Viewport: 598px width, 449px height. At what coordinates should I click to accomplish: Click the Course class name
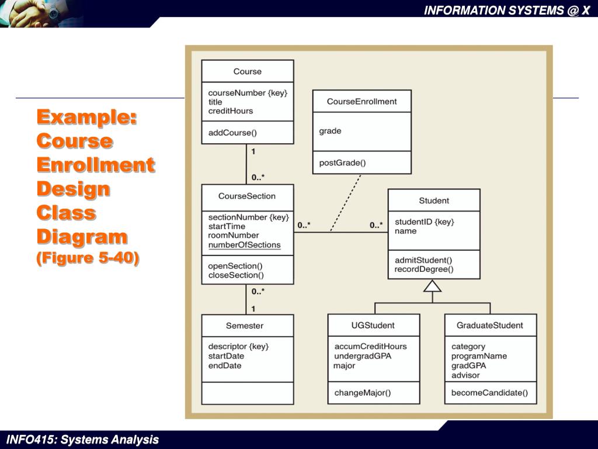248,71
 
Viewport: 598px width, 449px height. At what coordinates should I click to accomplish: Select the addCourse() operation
232,133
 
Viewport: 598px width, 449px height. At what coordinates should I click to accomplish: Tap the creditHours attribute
231,111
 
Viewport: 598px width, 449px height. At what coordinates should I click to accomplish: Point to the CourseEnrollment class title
361,101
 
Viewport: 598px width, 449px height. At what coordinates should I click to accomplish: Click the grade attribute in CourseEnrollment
330,131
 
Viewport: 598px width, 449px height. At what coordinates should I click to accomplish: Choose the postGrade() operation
342,163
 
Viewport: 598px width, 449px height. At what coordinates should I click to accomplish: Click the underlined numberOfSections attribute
244,245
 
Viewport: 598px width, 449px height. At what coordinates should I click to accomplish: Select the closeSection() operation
236,275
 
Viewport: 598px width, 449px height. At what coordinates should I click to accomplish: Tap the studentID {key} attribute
424,222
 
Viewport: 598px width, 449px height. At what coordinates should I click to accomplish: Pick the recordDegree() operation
423,270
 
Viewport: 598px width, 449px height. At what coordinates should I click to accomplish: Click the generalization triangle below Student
433,286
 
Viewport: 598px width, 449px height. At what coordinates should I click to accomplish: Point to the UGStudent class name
373,325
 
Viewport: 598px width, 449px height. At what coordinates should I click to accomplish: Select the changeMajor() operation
362,393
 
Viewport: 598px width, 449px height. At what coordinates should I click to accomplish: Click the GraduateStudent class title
489,325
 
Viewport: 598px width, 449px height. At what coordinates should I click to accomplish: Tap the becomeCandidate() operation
489,393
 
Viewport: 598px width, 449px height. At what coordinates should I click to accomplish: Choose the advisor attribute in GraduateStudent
465,375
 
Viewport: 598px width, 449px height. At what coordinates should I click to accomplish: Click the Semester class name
245,326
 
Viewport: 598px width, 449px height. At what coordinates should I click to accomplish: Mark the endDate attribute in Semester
225,365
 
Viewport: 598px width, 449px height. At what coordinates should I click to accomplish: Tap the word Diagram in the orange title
82,237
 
